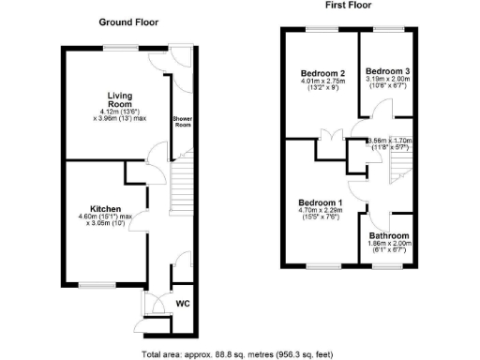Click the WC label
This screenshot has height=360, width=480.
[x=183, y=304]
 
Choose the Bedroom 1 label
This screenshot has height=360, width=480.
[x=320, y=202]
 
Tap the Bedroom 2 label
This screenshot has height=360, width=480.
[x=322, y=72]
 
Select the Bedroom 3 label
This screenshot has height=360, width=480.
[x=387, y=71]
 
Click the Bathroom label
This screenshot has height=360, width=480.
[x=387, y=235]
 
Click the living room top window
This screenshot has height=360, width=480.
[x=117, y=46]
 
